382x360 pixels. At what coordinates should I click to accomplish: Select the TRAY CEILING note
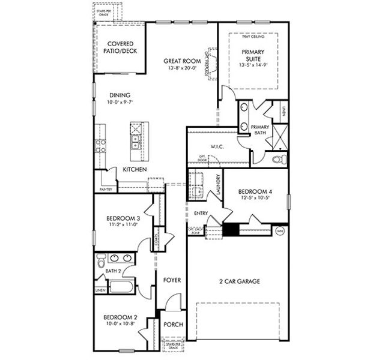pyautogui.click(x=253, y=37)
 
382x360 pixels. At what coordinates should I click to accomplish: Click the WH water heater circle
pyautogui.click(x=280, y=230)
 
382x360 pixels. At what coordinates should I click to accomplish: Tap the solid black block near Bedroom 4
pyautogui.click(x=231, y=230)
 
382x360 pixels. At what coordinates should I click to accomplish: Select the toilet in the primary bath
pyautogui.click(x=277, y=160)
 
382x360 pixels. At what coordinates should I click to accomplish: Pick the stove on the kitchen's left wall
pyautogui.click(x=100, y=146)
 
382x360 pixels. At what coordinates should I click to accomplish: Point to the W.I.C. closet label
pyautogui.click(x=217, y=146)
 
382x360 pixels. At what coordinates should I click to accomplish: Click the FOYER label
pyautogui.click(x=172, y=280)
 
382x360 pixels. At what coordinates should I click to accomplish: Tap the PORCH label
pyautogui.click(x=173, y=325)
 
